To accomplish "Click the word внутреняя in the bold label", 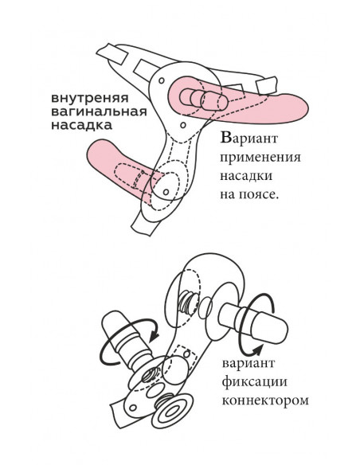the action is pyautogui.click(x=90, y=99).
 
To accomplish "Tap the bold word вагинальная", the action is pyautogui.click(x=99, y=112).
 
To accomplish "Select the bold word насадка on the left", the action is pyautogui.click(x=81, y=126).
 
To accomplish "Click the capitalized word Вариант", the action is pyautogui.click(x=248, y=139).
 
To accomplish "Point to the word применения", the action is pyautogui.click(x=260, y=158).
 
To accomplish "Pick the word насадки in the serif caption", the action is pyautogui.click(x=246, y=175).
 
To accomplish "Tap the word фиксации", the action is pyautogui.click(x=255, y=381).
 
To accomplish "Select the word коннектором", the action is pyautogui.click(x=265, y=401).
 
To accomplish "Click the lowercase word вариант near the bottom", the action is pyautogui.click(x=248, y=363).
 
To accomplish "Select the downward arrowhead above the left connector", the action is pyautogui.click(x=155, y=335).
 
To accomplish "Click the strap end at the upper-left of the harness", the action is pyautogui.click(x=112, y=53).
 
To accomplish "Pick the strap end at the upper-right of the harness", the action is pyautogui.click(x=268, y=85).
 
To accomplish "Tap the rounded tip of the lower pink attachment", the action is pyautogui.click(x=94, y=152).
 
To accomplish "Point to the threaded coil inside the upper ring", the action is pyautogui.click(x=186, y=301).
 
